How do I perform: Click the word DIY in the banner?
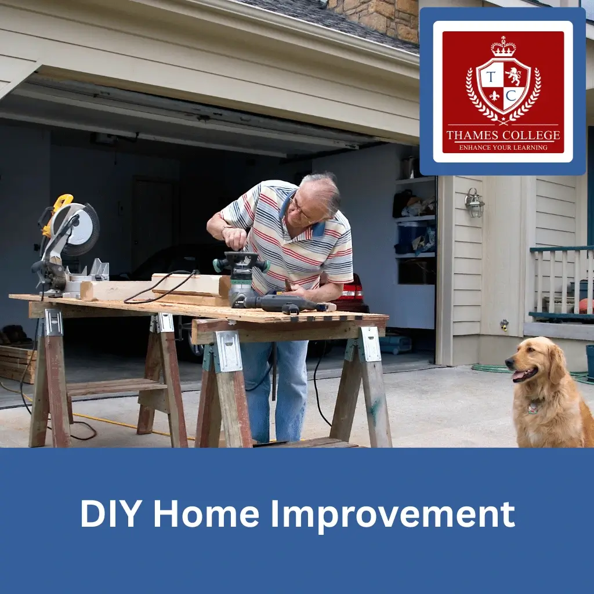109,513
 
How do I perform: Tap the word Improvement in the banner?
393,516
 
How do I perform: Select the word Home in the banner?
206,513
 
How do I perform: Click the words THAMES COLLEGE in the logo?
503,135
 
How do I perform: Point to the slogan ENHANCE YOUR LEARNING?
503,147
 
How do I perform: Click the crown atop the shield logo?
503,46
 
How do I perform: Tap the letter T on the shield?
491,77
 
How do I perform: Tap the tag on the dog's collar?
533,408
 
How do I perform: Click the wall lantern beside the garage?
475,202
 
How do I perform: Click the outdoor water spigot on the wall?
504,325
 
